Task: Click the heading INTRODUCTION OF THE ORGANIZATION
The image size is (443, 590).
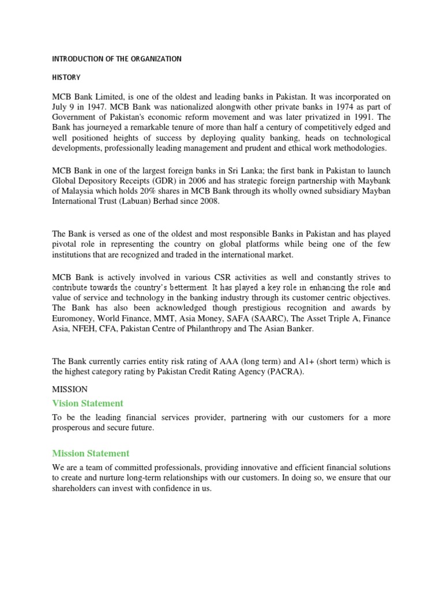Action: [117, 59]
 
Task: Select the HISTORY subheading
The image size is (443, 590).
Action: [66, 77]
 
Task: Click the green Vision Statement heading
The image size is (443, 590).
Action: [88, 403]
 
